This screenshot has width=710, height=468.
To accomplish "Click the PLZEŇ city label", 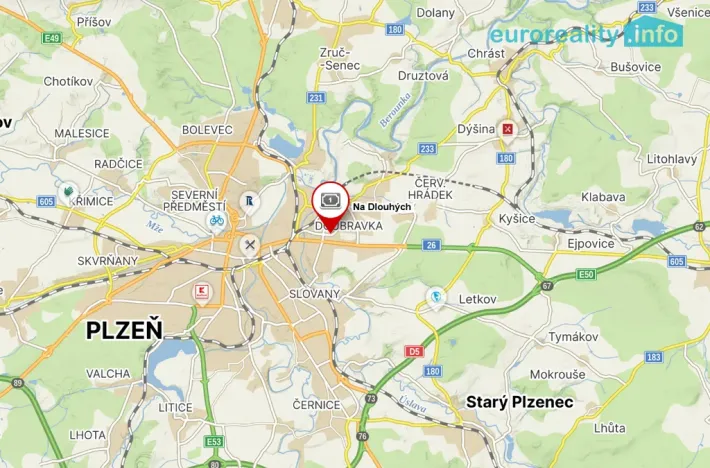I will (124, 330).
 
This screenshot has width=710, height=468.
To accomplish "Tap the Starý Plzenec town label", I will (520, 402).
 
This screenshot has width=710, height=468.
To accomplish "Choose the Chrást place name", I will (485, 53).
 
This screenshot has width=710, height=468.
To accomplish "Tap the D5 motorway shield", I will (414, 351).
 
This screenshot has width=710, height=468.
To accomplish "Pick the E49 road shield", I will (52, 39).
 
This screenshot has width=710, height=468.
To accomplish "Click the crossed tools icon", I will (250, 245).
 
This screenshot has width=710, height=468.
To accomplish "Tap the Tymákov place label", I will (572, 337).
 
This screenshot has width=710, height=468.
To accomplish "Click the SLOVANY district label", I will (314, 293).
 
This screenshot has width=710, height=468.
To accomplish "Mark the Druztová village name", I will (423, 75).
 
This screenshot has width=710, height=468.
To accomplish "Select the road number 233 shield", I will (427, 149).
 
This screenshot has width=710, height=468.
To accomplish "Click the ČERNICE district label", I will (317, 404).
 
